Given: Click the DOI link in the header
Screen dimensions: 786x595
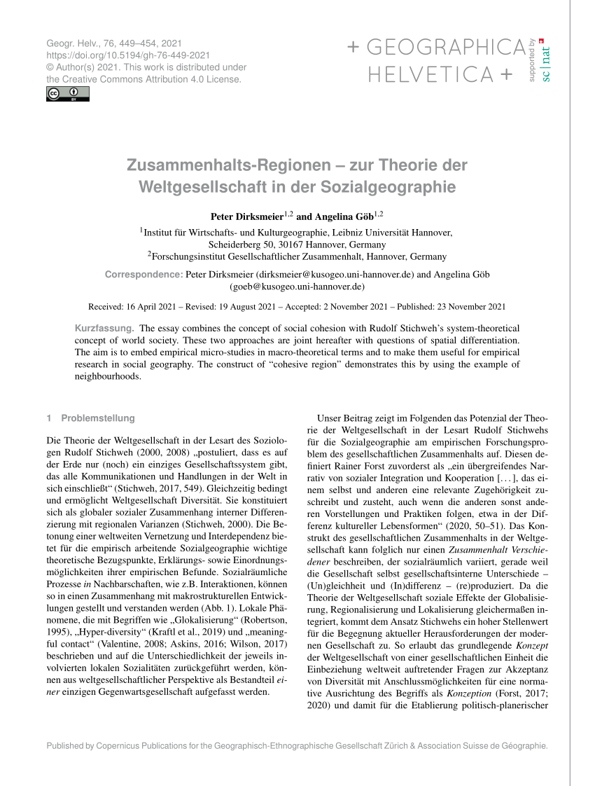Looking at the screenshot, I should click(x=128, y=55).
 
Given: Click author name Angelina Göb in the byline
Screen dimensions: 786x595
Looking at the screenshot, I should click(x=345, y=216).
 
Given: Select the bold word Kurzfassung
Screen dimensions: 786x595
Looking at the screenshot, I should click(x=104, y=328).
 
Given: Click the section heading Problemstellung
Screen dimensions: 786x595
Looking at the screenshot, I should click(x=97, y=418).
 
